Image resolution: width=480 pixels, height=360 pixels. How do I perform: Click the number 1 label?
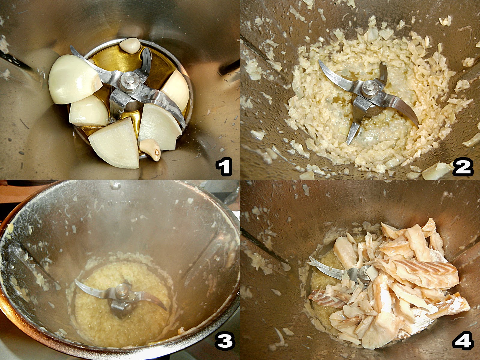point(224,167)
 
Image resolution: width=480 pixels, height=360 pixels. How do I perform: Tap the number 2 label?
point(463,167)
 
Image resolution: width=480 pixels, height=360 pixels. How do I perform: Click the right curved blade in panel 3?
point(151,301)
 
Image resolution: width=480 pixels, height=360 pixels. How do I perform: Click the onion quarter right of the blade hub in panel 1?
point(176,90)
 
